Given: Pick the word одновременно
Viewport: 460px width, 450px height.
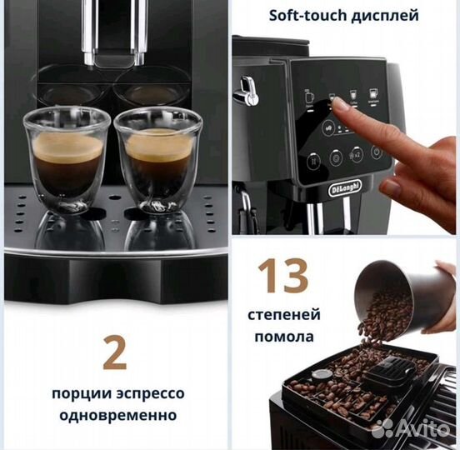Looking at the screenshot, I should click(115, 414).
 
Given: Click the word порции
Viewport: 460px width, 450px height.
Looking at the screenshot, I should click(77, 392).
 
